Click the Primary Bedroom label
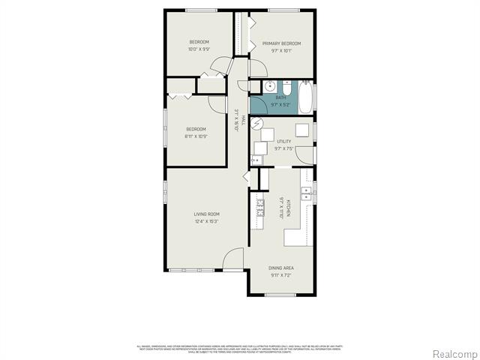point(281,43)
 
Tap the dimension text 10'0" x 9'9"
point(199,49)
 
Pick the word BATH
point(281,97)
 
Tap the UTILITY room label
point(283,141)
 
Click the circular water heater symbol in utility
point(257,125)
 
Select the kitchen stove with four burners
point(260,205)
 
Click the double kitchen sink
point(307,194)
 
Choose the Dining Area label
point(281,268)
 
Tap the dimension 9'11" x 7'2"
point(281,274)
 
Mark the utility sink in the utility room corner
point(256,160)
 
